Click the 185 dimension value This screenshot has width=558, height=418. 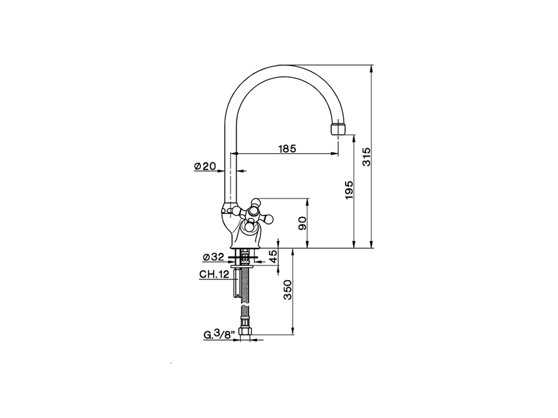pos(287,148)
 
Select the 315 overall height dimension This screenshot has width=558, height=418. pos(367,157)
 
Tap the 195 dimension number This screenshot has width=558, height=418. pos(349,190)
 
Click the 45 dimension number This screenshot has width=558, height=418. pos(273,257)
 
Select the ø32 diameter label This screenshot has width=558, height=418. pos(213,257)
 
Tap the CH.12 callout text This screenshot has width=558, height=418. pos(214,274)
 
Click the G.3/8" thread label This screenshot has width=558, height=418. pos(219,335)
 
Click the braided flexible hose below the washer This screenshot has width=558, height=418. pos(246,296)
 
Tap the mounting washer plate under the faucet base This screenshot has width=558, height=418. pos(245,265)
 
